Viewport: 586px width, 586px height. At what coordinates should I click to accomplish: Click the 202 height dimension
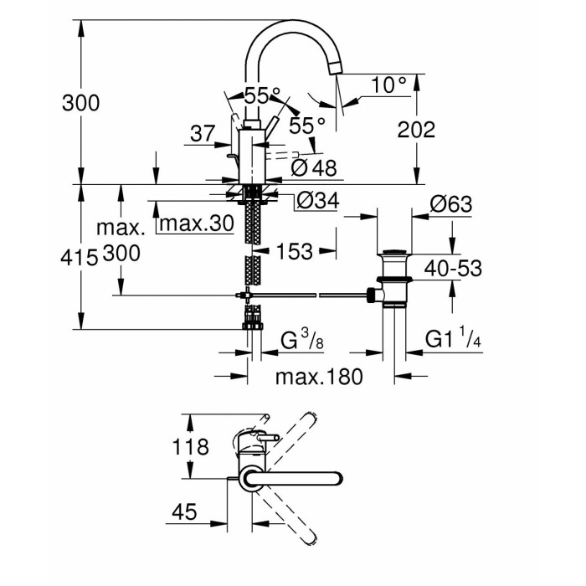point(415,130)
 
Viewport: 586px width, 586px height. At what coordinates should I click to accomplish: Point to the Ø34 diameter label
point(316,202)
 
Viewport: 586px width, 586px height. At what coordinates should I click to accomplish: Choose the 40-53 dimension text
point(452,268)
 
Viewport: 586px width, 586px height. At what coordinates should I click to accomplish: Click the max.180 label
point(319,378)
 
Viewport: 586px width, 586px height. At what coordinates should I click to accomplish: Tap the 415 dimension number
point(79,256)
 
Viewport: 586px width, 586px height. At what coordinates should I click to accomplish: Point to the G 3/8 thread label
point(301,341)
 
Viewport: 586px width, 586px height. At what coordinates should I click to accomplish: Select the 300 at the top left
point(81,104)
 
